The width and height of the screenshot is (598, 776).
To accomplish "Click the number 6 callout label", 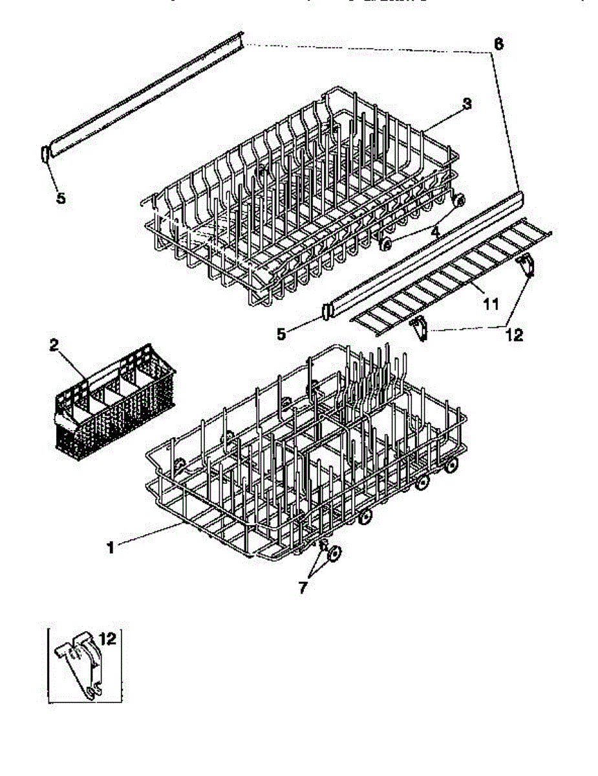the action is point(498,45).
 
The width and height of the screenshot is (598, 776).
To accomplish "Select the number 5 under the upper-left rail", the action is point(61,198).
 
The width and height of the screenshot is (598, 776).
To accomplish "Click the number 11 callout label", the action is point(491,303).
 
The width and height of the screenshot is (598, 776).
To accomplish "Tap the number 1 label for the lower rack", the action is point(111,548).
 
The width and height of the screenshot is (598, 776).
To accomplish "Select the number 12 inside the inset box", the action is point(107,640).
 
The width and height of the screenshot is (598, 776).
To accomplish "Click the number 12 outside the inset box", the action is point(515,335).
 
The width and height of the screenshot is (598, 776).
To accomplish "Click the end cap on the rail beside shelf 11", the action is point(326,312).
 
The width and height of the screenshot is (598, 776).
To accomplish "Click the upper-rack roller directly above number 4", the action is point(460,201).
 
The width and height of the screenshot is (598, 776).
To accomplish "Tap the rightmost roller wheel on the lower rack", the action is point(451,464).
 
